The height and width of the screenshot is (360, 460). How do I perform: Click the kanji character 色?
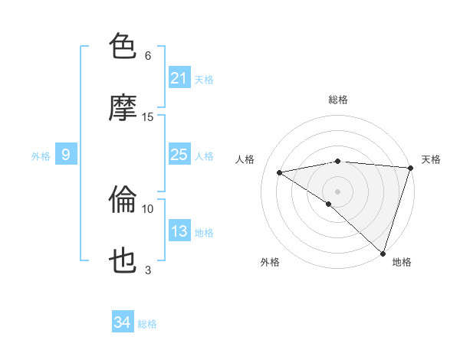pos(123,47)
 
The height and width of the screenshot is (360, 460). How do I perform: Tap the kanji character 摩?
pos(123,108)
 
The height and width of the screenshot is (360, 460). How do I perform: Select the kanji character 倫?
pos(123,200)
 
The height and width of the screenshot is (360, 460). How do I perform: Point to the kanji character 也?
pos(123,261)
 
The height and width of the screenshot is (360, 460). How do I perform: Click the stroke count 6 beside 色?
pos(148,56)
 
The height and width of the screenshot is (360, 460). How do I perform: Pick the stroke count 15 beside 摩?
pos(148,117)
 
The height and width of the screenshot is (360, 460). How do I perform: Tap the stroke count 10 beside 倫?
pos(148,208)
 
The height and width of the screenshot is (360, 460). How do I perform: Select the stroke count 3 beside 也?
pos(148,270)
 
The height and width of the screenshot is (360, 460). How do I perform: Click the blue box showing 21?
pos(179,78)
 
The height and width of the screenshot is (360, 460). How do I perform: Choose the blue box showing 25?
pos(179,155)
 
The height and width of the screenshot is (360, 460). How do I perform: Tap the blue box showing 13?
pos(179,231)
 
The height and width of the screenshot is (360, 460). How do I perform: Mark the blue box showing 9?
pos(66,155)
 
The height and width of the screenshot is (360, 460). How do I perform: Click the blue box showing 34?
pos(122,323)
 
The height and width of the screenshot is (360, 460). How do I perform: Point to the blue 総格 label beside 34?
pos(147,324)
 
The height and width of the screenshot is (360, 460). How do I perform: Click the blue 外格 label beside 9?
pos(41,155)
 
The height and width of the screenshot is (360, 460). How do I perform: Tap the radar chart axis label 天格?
pos(432,159)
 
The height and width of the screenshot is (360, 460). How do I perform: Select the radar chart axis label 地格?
pos(402,262)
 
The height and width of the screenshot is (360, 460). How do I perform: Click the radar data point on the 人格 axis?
pos(280,172)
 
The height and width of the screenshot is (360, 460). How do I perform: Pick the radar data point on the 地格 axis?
pos(383,253)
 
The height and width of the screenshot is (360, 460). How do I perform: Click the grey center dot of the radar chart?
pos(337,191)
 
